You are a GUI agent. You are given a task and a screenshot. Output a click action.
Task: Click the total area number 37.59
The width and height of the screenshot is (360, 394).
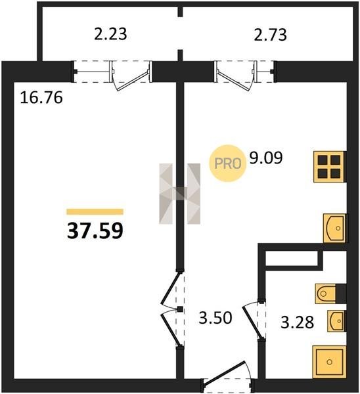(95, 231)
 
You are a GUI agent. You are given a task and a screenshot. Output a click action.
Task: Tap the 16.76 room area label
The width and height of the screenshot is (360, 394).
(41, 98)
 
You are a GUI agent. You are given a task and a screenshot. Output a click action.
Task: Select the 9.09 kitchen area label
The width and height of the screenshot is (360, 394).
(266, 158)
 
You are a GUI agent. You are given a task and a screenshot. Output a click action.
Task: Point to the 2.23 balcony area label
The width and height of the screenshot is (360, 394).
(110, 34)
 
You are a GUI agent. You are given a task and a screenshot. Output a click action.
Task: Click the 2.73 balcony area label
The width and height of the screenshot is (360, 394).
(270, 35)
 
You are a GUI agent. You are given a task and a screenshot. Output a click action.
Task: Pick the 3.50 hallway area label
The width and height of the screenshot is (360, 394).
(215, 318)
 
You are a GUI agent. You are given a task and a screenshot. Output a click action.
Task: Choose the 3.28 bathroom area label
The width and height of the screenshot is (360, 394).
(297, 322)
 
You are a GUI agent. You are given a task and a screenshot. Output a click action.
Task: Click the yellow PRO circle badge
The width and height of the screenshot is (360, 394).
(227, 164)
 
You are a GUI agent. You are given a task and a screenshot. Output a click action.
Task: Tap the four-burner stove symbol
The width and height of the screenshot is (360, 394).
(330, 167)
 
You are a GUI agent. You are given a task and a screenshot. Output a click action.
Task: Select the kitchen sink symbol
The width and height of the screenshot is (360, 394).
(334, 228)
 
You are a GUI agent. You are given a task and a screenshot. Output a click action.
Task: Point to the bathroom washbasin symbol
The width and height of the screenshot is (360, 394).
(336, 321)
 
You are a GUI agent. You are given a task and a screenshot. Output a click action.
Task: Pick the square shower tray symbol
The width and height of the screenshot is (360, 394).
(329, 362)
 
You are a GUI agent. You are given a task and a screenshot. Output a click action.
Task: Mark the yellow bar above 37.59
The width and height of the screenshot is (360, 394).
(95, 212)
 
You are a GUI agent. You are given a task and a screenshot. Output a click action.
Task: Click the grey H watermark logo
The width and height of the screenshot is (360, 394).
(180, 194)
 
